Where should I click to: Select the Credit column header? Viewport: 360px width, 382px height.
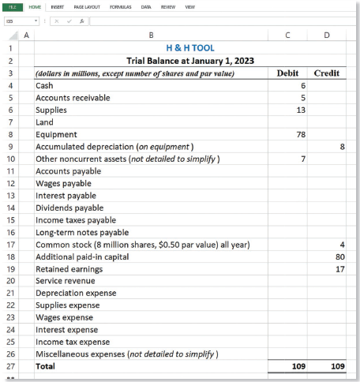(327, 73)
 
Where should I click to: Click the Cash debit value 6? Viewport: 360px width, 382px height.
(303, 85)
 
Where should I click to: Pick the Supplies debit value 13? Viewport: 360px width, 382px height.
(301, 110)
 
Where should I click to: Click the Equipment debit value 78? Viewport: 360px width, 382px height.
(301, 134)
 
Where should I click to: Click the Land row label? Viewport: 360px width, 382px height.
(45, 122)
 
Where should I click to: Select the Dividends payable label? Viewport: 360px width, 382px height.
(69, 208)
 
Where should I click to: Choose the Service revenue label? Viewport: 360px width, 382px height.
(66, 281)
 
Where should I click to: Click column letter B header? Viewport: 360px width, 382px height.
(151, 35)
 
